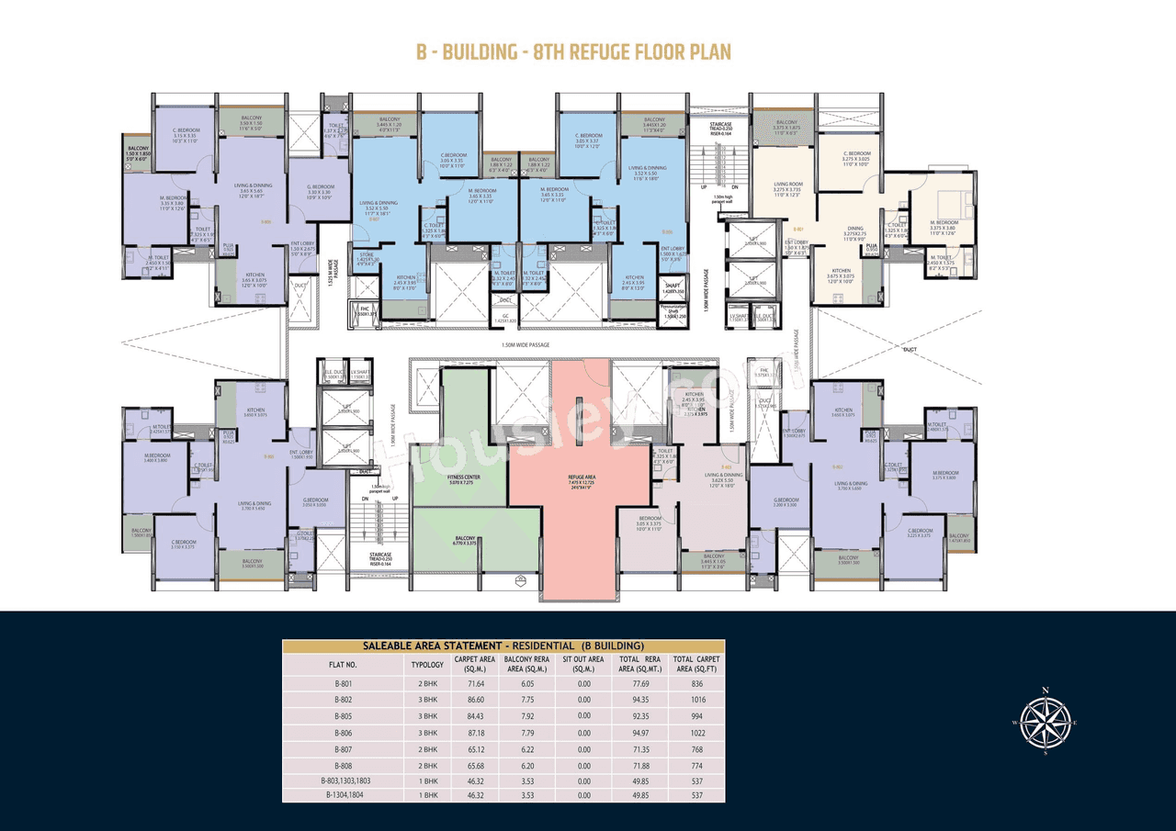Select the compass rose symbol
(x=1045, y=721)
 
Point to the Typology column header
(x=427, y=663)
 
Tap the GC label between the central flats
(x=504, y=317)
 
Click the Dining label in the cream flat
(x=855, y=231)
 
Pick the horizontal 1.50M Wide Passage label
(x=526, y=344)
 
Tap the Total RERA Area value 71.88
(x=641, y=765)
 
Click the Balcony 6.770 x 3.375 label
(x=464, y=541)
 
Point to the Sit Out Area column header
(x=583, y=663)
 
